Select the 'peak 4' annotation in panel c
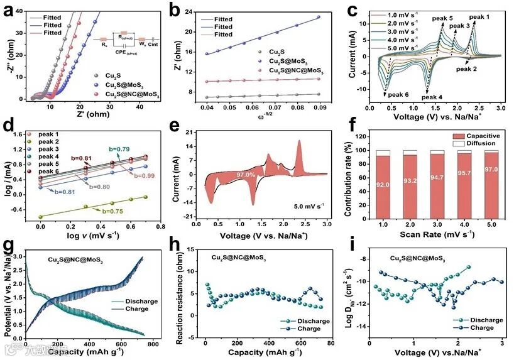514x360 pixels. click(x=432, y=97)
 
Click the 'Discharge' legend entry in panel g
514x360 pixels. click(x=141, y=301)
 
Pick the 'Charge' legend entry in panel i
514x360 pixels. click(x=480, y=327)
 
